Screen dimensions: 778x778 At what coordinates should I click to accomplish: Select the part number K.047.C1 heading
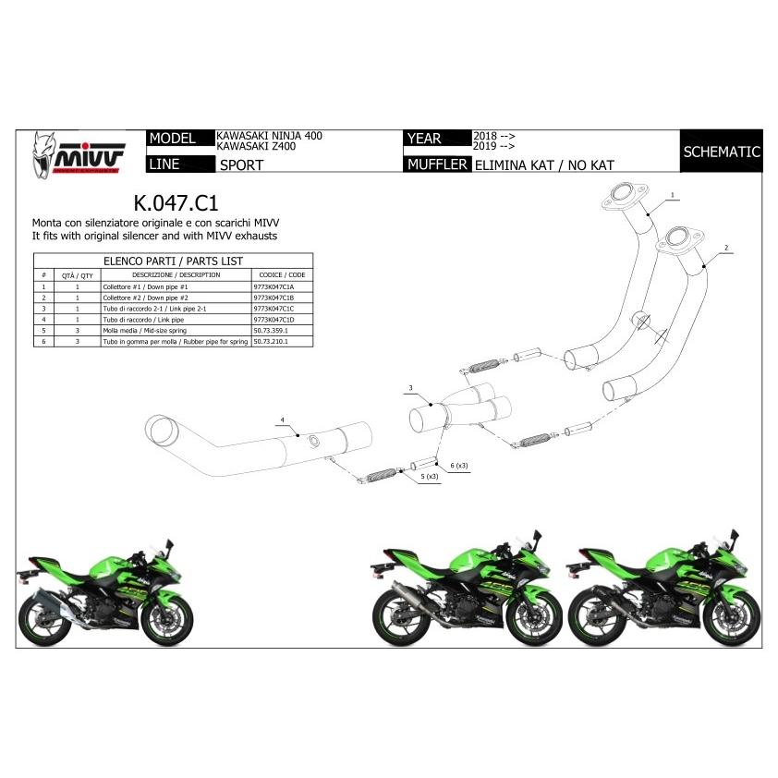[176, 201]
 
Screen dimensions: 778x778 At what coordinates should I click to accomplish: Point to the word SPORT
[241, 166]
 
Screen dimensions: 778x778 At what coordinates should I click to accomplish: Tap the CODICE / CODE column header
[282, 274]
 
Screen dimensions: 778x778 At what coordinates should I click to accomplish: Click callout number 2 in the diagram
[727, 249]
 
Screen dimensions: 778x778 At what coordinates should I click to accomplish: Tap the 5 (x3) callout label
[429, 477]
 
